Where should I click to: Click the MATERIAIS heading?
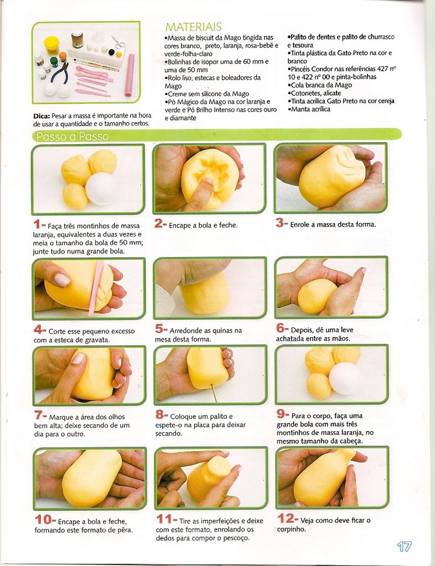pos(193,27)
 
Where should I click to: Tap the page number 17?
pos(405,546)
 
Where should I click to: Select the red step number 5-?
pos(162,329)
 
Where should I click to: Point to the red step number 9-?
pos(283,414)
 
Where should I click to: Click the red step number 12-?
pos(288,518)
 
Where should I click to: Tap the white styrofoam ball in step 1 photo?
pos(100,189)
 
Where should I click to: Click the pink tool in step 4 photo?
pos(96,288)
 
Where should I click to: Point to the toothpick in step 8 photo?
pos(213,393)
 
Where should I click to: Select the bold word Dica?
pos(42,116)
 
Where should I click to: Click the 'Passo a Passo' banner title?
pos(72,137)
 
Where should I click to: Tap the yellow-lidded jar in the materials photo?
pos(51,45)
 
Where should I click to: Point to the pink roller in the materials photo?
pos(130,75)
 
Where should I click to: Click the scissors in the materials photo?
pos(118,42)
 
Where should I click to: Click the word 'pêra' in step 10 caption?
pos(125,530)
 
